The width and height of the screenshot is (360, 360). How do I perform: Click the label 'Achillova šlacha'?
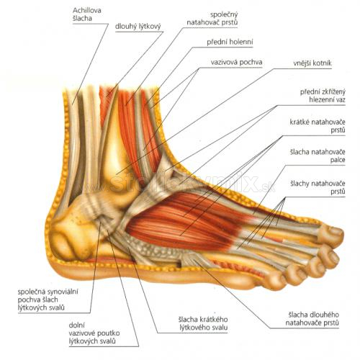84,14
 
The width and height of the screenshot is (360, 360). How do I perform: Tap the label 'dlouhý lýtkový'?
138,26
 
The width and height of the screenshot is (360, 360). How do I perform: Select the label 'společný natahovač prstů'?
212,18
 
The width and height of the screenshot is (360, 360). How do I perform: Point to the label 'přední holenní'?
230,42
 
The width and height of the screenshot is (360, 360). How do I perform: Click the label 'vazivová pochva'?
236,62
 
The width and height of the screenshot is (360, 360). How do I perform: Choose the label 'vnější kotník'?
312,63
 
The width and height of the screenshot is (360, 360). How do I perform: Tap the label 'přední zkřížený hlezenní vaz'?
323,96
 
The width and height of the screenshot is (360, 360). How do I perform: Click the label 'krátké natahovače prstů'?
318,126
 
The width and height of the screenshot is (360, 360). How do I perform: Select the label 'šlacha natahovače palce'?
318,156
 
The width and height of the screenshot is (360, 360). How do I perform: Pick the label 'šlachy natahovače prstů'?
318,187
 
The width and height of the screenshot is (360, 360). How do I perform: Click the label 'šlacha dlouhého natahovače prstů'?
312,319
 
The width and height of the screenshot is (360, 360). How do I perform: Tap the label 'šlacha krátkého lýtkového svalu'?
203,323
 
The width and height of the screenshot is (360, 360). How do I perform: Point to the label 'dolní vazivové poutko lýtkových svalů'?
94,333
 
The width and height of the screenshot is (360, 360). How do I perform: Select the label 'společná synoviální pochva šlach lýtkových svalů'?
48,300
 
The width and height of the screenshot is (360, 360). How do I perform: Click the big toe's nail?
336,231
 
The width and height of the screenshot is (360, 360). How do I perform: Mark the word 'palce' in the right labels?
338,160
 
